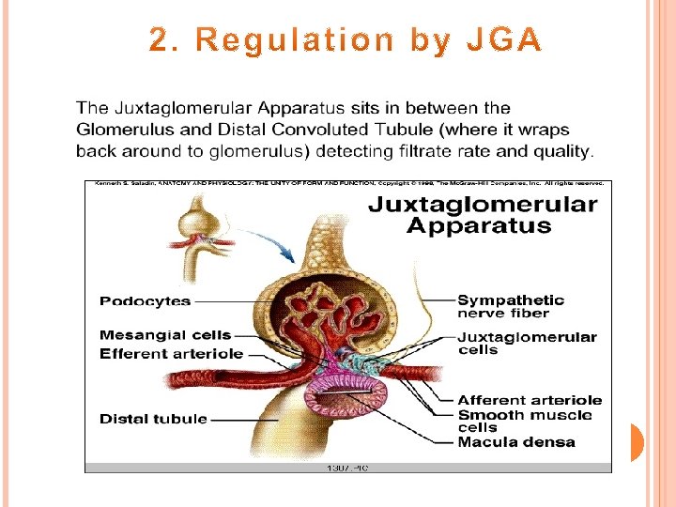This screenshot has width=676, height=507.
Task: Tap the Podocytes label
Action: coord(145,301)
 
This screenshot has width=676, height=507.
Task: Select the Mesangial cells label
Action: coord(164,334)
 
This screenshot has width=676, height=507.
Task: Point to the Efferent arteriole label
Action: coord(171,354)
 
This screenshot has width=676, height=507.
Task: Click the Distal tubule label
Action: coord(153,419)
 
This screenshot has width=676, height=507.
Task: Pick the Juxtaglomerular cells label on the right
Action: coord(526,343)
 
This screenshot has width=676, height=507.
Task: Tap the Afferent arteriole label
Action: coord(530,400)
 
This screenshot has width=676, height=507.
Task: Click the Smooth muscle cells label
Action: coord(524,421)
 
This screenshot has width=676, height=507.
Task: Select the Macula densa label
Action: coord(516,442)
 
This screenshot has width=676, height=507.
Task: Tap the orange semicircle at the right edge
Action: coord(636,441)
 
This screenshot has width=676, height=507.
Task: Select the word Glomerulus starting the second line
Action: coord(123,131)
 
